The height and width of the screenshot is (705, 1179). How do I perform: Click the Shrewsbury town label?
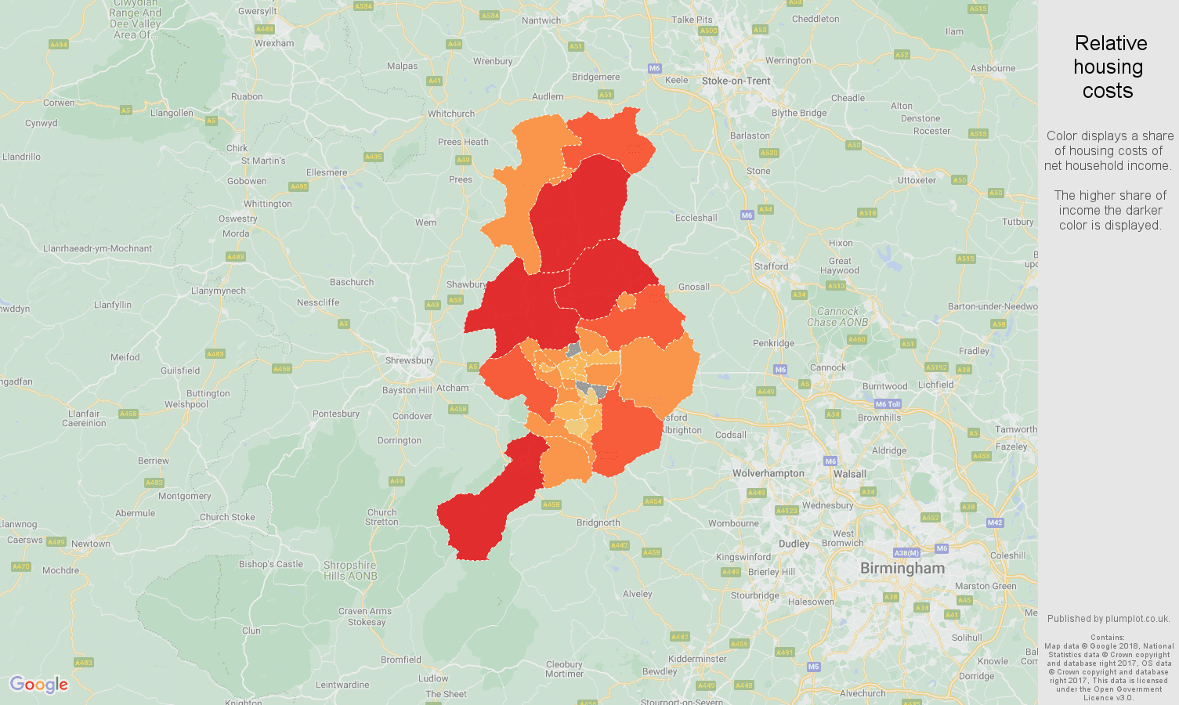[x=409, y=360]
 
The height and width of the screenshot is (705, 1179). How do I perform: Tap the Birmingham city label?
[x=902, y=569]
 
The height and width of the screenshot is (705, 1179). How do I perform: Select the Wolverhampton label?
[x=768, y=473]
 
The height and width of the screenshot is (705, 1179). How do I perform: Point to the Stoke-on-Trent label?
[x=736, y=81]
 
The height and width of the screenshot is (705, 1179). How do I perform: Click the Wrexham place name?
[x=274, y=43]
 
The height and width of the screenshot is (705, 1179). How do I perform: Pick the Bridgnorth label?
[x=598, y=522]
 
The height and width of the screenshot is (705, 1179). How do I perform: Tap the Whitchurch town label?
[x=451, y=114]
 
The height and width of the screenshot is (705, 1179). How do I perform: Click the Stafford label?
[x=771, y=266]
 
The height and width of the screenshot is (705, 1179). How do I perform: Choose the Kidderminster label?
[x=697, y=659]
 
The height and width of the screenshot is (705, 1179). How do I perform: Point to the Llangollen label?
[x=172, y=113]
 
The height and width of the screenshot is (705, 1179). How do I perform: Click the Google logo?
[x=39, y=685]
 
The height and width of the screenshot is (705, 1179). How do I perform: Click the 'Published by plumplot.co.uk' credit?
[x=1108, y=619]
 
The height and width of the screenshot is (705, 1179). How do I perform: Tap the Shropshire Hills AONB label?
[x=349, y=570]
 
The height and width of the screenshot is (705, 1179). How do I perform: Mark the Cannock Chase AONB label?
[x=837, y=316]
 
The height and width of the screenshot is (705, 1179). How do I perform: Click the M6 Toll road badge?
[x=888, y=404]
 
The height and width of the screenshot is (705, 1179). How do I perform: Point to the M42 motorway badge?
[x=995, y=522]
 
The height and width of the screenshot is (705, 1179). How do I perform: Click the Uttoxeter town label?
[x=917, y=180]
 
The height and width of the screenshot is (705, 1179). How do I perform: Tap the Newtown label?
[x=91, y=544]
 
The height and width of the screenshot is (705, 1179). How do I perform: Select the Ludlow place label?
[x=433, y=678]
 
